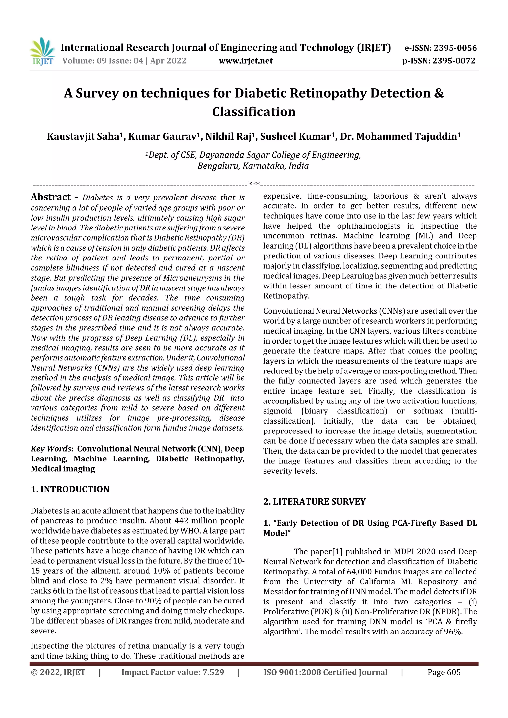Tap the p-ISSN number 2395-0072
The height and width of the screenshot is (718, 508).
point(453,61)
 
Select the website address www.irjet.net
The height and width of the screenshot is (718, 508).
point(246,61)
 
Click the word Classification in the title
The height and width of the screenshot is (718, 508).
point(254,112)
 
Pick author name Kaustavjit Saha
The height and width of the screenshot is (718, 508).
point(83,136)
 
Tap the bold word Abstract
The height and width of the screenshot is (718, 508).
point(51,197)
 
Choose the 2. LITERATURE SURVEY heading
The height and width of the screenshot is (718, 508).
point(314,502)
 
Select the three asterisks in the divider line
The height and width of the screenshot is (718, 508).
point(254,184)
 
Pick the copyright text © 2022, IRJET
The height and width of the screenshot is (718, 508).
point(58,672)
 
